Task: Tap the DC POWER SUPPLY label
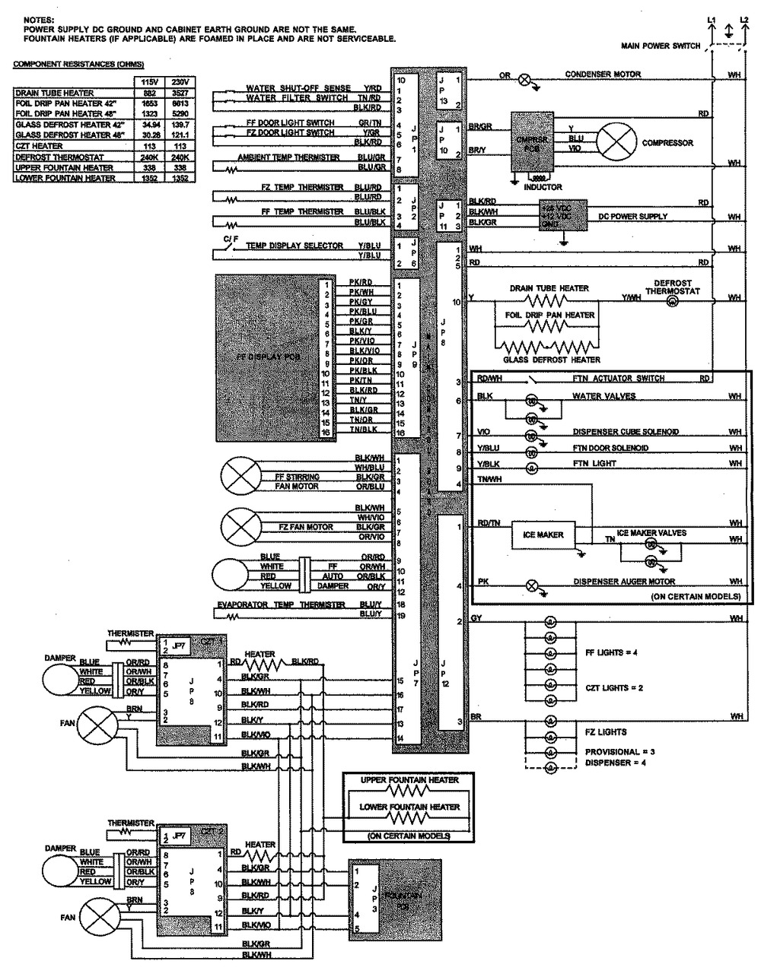coord(632,217)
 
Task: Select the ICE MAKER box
coord(543,534)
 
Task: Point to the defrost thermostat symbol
coord(672,302)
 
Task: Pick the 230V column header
coord(180,81)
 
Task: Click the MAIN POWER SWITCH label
coord(661,46)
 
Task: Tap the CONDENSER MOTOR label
coord(603,75)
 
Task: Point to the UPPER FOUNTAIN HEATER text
coord(409,780)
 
